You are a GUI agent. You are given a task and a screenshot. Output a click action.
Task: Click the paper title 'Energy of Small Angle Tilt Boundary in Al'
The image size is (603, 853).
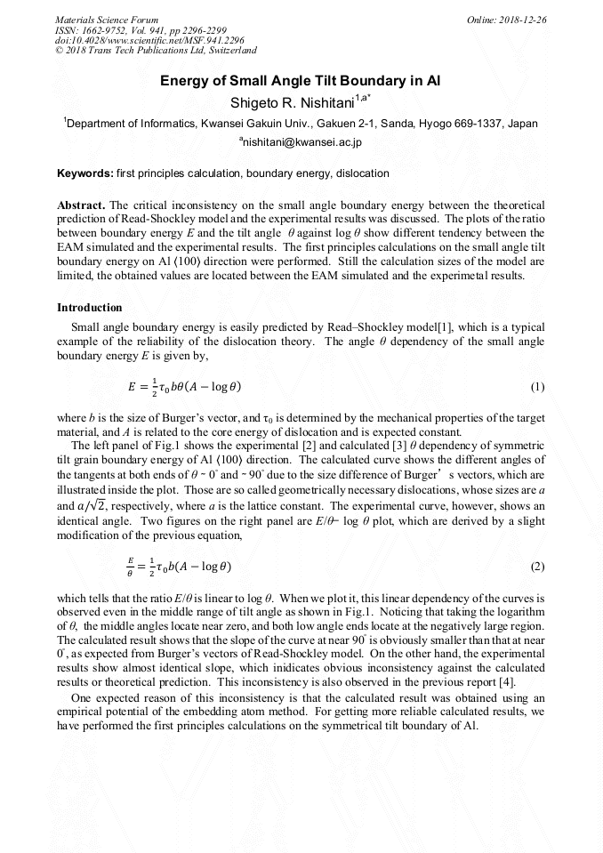click(301, 81)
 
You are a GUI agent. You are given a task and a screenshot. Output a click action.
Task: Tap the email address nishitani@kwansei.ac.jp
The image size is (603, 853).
click(301, 142)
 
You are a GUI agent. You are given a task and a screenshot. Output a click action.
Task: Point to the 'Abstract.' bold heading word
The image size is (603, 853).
click(82, 204)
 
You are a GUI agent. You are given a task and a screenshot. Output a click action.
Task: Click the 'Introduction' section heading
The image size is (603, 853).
click(90, 308)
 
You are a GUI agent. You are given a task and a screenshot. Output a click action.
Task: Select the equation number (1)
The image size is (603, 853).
click(537, 387)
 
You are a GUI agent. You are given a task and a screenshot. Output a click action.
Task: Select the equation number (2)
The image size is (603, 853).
click(537, 567)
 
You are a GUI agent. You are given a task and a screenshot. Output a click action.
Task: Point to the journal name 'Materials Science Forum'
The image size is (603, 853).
click(107, 20)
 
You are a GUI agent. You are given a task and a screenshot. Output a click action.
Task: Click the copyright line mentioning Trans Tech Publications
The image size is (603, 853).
click(156, 52)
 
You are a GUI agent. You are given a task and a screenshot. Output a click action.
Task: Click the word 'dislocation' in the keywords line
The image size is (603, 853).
click(362, 173)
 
